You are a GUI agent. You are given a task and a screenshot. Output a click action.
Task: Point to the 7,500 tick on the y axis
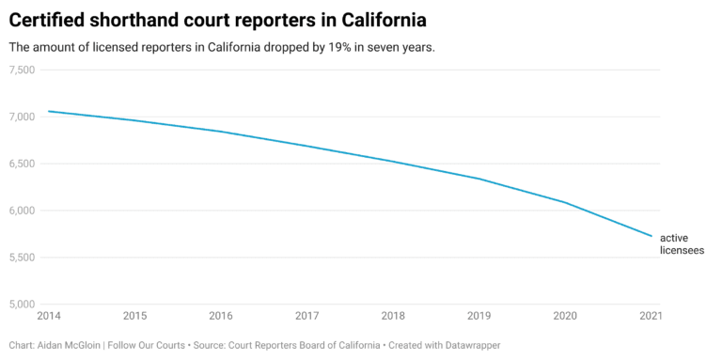click(x=22, y=70)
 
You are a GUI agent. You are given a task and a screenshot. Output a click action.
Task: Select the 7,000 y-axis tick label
click(x=22, y=117)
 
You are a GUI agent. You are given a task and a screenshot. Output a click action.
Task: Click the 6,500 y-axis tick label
click(x=22, y=164)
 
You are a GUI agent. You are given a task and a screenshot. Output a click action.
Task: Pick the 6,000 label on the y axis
click(x=22, y=211)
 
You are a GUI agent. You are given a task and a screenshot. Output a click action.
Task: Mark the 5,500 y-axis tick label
click(x=22, y=258)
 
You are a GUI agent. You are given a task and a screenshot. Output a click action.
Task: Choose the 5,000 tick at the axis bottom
click(x=22, y=304)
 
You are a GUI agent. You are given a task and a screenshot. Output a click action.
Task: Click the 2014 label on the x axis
click(x=48, y=316)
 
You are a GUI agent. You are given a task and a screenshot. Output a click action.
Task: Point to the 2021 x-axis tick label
click(x=651, y=316)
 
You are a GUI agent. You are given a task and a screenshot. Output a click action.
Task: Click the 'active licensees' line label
click(x=682, y=244)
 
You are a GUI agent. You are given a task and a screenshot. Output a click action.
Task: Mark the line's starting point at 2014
click(x=48, y=111)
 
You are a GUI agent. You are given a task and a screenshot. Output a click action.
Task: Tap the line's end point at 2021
click(x=651, y=236)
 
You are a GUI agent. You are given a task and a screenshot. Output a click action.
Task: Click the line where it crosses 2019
click(x=479, y=179)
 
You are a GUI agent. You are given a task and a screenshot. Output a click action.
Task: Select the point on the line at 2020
click(x=565, y=202)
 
